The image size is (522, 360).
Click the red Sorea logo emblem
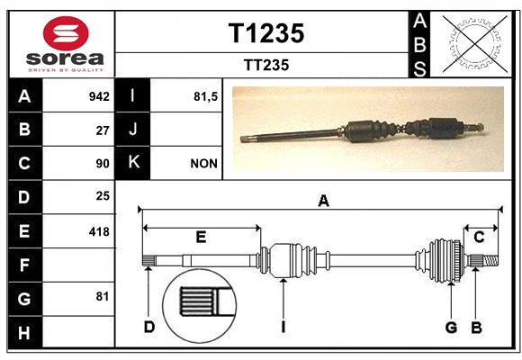click(x=66, y=33)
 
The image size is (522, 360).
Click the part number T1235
click(x=266, y=33)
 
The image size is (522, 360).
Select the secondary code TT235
click(x=266, y=65)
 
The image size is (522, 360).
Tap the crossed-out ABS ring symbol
click(x=475, y=44)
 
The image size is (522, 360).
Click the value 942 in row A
click(x=99, y=96)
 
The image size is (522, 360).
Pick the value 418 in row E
click(x=99, y=232)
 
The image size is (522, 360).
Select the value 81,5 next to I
click(x=205, y=97)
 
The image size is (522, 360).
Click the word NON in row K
click(x=203, y=164)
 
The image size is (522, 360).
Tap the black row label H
click(x=25, y=332)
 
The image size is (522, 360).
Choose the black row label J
click(x=132, y=130)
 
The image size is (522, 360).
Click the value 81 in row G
click(x=103, y=296)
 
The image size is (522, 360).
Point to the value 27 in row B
click(x=103, y=130)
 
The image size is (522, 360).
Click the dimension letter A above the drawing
click(x=323, y=201)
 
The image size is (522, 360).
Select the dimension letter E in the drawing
click(x=201, y=237)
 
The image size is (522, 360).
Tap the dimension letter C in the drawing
click(x=479, y=237)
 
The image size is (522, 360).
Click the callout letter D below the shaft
click(x=149, y=327)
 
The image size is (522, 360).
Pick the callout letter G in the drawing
click(x=451, y=327)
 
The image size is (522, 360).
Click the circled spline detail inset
click(x=200, y=306)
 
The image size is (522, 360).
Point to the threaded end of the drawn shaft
click(x=490, y=260)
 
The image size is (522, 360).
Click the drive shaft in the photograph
click(x=362, y=131)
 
